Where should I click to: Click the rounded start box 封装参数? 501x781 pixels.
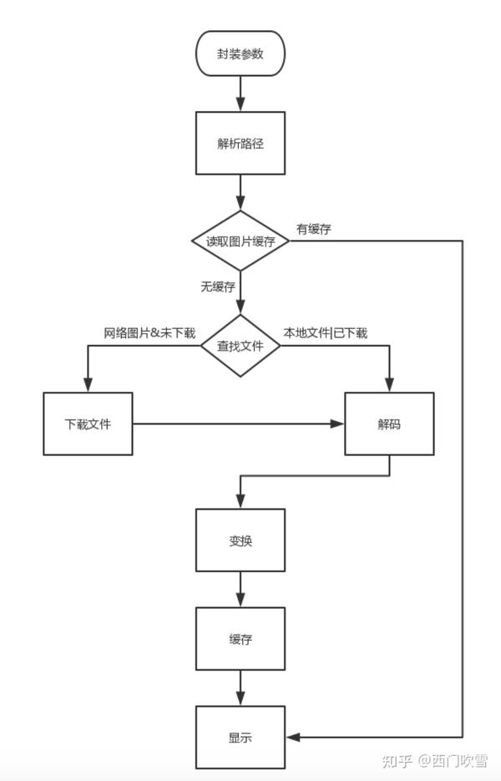coord(240,53)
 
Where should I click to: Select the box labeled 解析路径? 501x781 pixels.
coord(240,143)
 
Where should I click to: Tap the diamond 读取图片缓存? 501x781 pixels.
coord(240,241)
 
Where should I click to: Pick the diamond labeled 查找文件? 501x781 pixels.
coord(240,345)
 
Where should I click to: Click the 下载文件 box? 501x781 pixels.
coord(88,423)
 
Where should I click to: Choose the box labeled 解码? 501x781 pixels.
coord(389,423)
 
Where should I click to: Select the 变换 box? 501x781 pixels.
coord(240,540)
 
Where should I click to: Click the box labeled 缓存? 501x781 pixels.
coord(240,638)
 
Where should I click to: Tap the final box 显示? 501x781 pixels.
coord(240,738)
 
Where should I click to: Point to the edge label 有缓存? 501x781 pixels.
coord(314,229)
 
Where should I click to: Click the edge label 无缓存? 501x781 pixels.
coord(218,287)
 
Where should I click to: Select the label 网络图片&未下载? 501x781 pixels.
coord(149,332)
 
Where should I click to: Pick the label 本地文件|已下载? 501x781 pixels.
coord(325,332)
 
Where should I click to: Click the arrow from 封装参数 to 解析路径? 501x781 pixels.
coord(240,94)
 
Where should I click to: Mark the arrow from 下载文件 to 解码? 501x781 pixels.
coord(239,423)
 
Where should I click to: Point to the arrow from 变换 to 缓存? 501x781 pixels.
coord(240,589)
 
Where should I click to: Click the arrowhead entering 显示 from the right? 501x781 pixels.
coord(292,738)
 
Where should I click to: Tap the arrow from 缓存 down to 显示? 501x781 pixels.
coord(240,687)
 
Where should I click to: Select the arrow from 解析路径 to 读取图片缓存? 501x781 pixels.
coord(240,192)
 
